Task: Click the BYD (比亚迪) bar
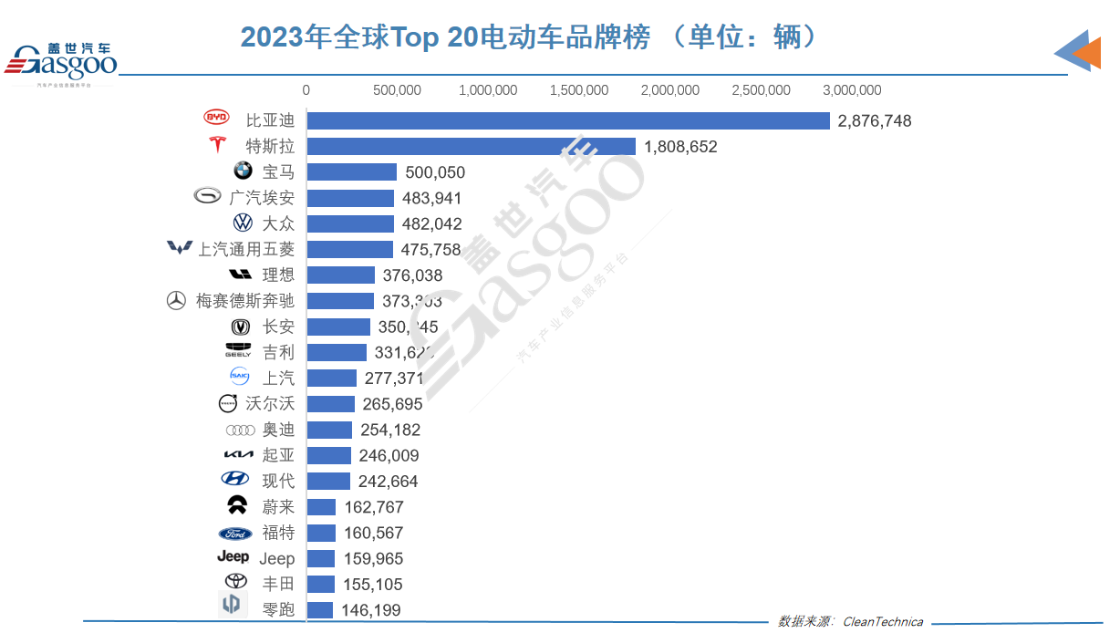567,120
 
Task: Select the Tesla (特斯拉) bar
471,146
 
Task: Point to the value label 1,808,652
680,146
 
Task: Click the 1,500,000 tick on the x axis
579,90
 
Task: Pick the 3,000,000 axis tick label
852,90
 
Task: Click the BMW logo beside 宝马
242,171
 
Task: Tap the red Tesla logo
216,145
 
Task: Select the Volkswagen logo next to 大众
243,223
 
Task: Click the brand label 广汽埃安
262,198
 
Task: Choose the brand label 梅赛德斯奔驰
244,301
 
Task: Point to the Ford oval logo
235,534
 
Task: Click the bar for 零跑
320,610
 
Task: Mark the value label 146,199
370,610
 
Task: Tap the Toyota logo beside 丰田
235,582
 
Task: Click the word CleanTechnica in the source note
882,622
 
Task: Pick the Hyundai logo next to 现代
234,479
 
